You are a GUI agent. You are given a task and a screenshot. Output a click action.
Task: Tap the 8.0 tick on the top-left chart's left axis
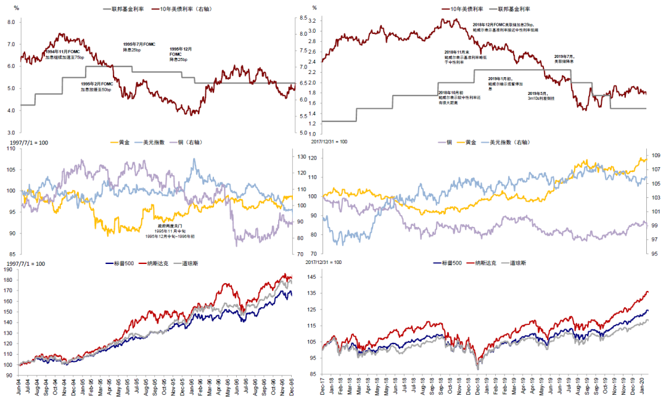coord(10,22)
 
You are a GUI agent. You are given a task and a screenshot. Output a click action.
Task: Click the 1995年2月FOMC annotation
coord(97,86)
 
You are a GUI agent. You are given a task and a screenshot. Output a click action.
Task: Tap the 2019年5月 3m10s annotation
coord(541,96)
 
